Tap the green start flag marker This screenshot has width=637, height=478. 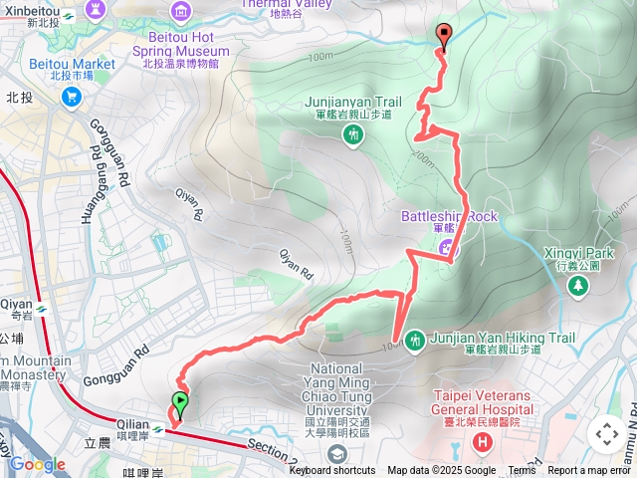pyautogui.click(x=180, y=404)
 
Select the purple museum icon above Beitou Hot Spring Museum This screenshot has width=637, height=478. pyautogui.click(x=180, y=12)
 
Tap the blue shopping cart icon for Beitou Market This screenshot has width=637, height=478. pyautogui.click(x=71, y=97)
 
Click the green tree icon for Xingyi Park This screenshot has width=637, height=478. pyautogui.click(x=578, y=285)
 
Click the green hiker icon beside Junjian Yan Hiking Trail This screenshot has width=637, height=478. pyautogui.click(x=415, y=340)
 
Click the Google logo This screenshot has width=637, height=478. pyautogui.click(x=37, y=464)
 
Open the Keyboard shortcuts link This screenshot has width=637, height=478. pyautogui.click(x=332, y=471)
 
